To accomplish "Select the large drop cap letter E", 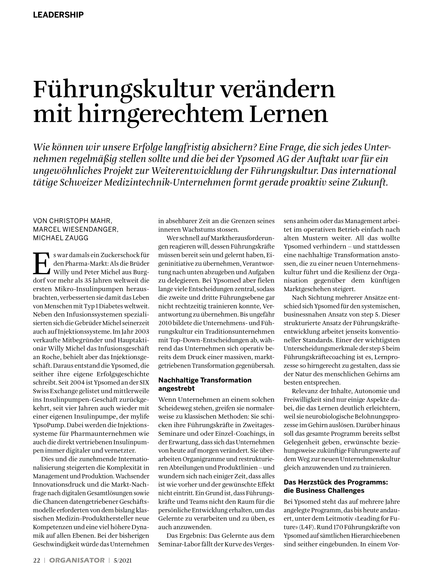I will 41,264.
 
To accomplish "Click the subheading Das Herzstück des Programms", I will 335,482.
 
